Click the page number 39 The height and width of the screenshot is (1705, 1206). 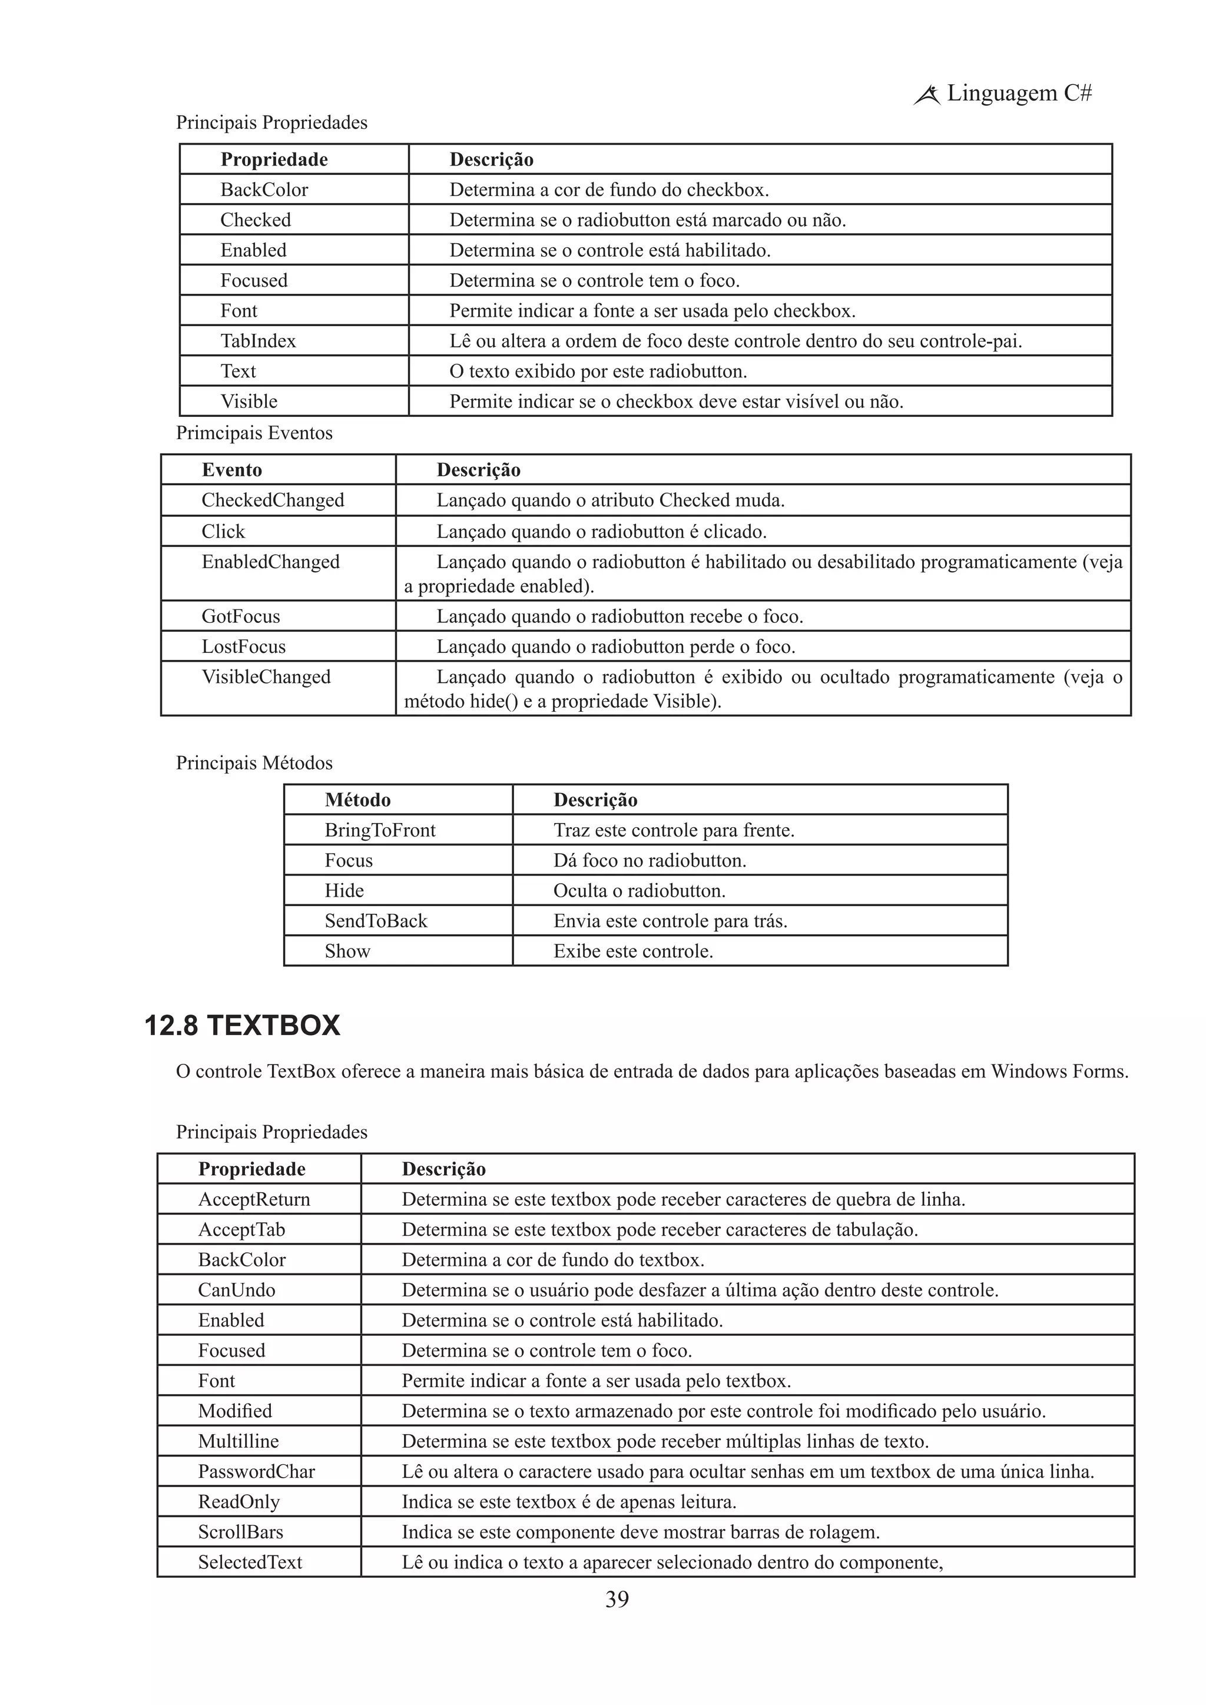click(617, 1599)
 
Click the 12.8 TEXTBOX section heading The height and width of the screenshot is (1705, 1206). click(242, 1026)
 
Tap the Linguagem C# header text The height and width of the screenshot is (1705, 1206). click(1019, 94)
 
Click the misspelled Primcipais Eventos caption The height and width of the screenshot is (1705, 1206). click(254, 433)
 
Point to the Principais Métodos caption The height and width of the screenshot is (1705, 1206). click(254, 762)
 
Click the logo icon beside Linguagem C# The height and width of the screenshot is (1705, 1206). click(927, 95)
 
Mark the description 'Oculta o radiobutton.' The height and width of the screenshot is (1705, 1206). click(639, 890)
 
